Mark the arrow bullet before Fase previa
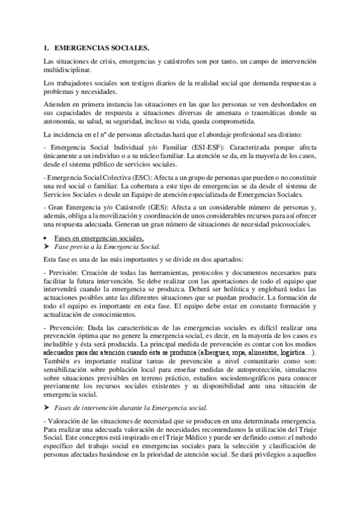[x=46, y=247]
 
